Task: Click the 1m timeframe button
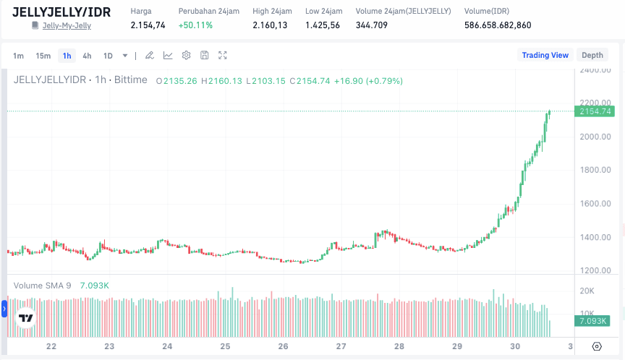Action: click(19, 56)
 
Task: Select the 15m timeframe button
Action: click(43, 56)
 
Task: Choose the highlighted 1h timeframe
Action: click(67, 56)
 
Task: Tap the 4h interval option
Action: click(87, 56)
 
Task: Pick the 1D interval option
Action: click(108, 56)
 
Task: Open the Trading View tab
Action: click(545, 55)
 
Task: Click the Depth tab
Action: click(592, 55)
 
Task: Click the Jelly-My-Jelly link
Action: click(67, 26)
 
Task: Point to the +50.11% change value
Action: click(195, 25)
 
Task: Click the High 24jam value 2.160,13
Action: click(270, 25)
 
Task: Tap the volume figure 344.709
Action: click(372, 25)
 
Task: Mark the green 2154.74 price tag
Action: click(593, 111)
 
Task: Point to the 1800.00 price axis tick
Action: click(595, 171)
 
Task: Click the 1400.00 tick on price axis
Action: click(595, 237)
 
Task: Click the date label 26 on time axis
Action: click(283, 346)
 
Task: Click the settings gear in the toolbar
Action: click(186, 56)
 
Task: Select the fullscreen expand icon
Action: click(223, 56)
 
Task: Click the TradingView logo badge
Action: click(26, 317)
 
